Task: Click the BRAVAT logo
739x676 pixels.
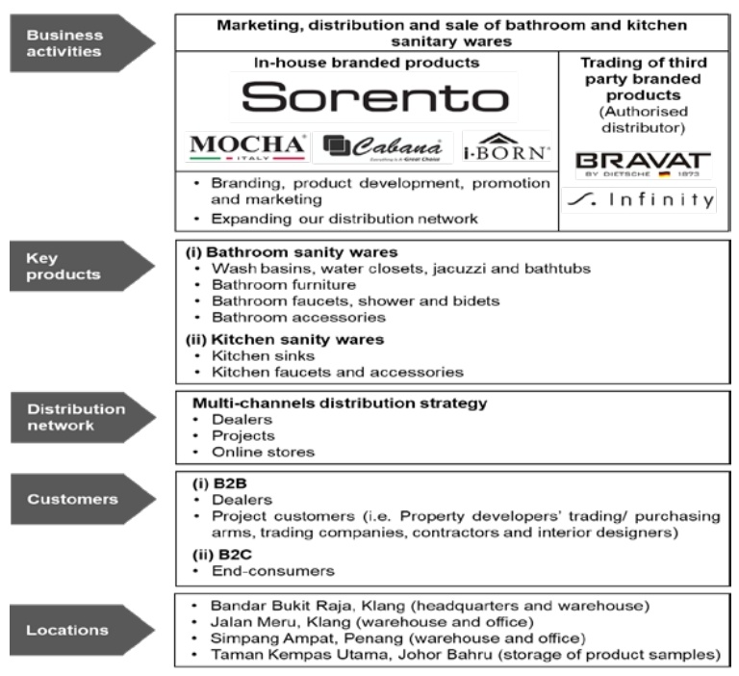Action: point(643,162)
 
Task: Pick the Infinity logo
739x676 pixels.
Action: point(643,200)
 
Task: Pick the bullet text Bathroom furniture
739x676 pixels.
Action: point(272,285)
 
